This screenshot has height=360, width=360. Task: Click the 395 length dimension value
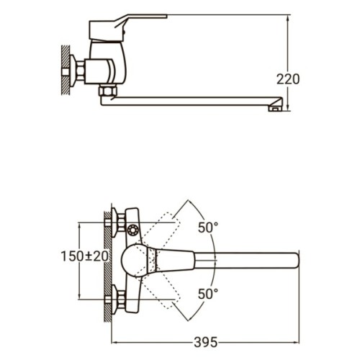point(207,341)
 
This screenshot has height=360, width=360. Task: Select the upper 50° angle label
point(207,228)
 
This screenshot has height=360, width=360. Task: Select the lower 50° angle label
point(207,294)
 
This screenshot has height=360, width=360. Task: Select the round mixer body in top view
point(135,259)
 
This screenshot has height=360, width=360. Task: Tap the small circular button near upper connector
point(133,231)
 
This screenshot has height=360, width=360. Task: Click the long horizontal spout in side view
point(194,102)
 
